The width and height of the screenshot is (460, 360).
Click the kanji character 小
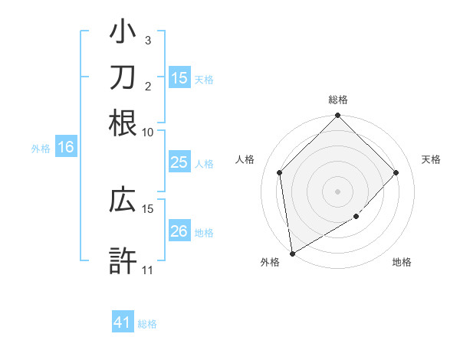pos(123,33)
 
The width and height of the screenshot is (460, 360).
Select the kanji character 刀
pos(123,77)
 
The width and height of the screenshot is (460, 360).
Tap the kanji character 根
pos(123,123)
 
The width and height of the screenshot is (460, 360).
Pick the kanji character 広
pos(123,200)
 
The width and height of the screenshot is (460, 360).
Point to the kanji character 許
pos(123,260)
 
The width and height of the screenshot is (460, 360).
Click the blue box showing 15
pos(179,78)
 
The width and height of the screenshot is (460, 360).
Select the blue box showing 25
pos(179,162)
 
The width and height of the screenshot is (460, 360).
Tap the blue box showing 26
pos(179,231)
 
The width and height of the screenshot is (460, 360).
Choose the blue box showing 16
pos(66,148)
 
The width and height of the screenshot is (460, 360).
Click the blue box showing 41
pos(123,322)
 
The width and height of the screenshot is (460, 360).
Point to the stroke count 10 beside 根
pos(148,132)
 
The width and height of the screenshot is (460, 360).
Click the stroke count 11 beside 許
pos(148,270)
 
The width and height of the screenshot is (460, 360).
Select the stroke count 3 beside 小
pos(148,41)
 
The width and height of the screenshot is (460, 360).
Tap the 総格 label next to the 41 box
pos(147,324)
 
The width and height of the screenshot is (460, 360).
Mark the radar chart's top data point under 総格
pos(338,116)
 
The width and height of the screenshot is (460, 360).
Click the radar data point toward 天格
pos(396,172)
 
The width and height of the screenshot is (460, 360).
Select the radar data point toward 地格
pos(356,217)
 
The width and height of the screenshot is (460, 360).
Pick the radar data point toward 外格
pos(292,254)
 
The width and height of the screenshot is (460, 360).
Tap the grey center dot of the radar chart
pos(338,191)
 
